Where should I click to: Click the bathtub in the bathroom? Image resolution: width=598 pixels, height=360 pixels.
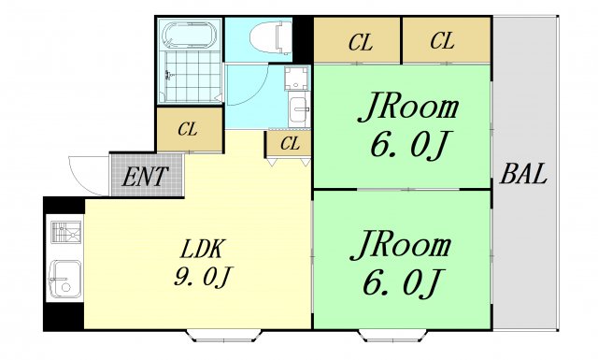[x=190, y=35]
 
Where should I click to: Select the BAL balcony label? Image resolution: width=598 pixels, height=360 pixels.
[x=523, y=174]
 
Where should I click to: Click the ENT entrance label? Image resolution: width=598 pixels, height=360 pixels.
[x=145, y=177]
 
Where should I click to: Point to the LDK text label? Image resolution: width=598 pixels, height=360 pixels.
[x=201, y=249]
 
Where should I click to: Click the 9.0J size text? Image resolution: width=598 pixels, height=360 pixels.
[x=203, y=277]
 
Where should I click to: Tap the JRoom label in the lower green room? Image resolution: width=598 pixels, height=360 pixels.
[x=401, y=245]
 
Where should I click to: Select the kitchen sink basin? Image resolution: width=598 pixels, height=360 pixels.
[x=65, y=279]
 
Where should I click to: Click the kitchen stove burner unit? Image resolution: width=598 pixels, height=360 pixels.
[x=66, y=232]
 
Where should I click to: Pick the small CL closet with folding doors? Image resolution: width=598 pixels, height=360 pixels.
[x=289, y=144]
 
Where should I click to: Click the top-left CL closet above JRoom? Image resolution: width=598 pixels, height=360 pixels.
[x=357, y=40]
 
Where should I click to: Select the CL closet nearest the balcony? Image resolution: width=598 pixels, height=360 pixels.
[x=447, y=40]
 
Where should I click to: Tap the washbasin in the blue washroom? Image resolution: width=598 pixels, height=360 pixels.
[x=299, y=109]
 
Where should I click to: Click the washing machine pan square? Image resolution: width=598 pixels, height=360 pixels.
[x=297, y=78]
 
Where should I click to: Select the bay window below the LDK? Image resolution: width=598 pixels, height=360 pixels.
[x=224, y=336]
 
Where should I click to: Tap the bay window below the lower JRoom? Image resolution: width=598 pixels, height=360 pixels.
[x=393, y=336]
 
